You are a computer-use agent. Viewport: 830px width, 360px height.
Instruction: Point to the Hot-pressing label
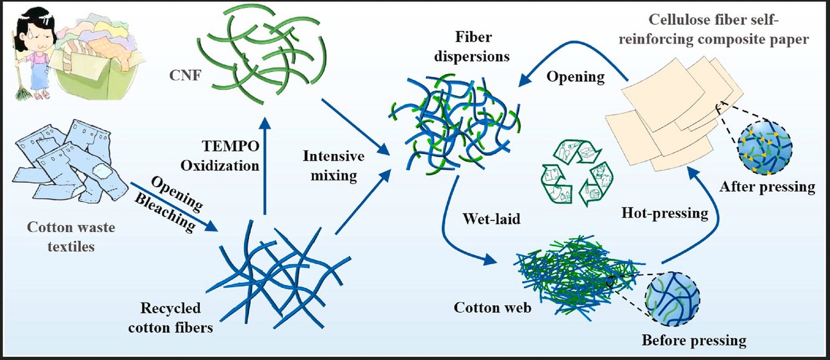coord(665,213)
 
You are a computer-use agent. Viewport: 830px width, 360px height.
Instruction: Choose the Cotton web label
coord(493,307)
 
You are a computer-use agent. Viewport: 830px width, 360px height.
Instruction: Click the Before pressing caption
coord(694,340)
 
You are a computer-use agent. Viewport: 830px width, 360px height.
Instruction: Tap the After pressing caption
coord(767,187)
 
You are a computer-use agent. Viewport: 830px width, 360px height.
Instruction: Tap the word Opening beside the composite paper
coord(575,77)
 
